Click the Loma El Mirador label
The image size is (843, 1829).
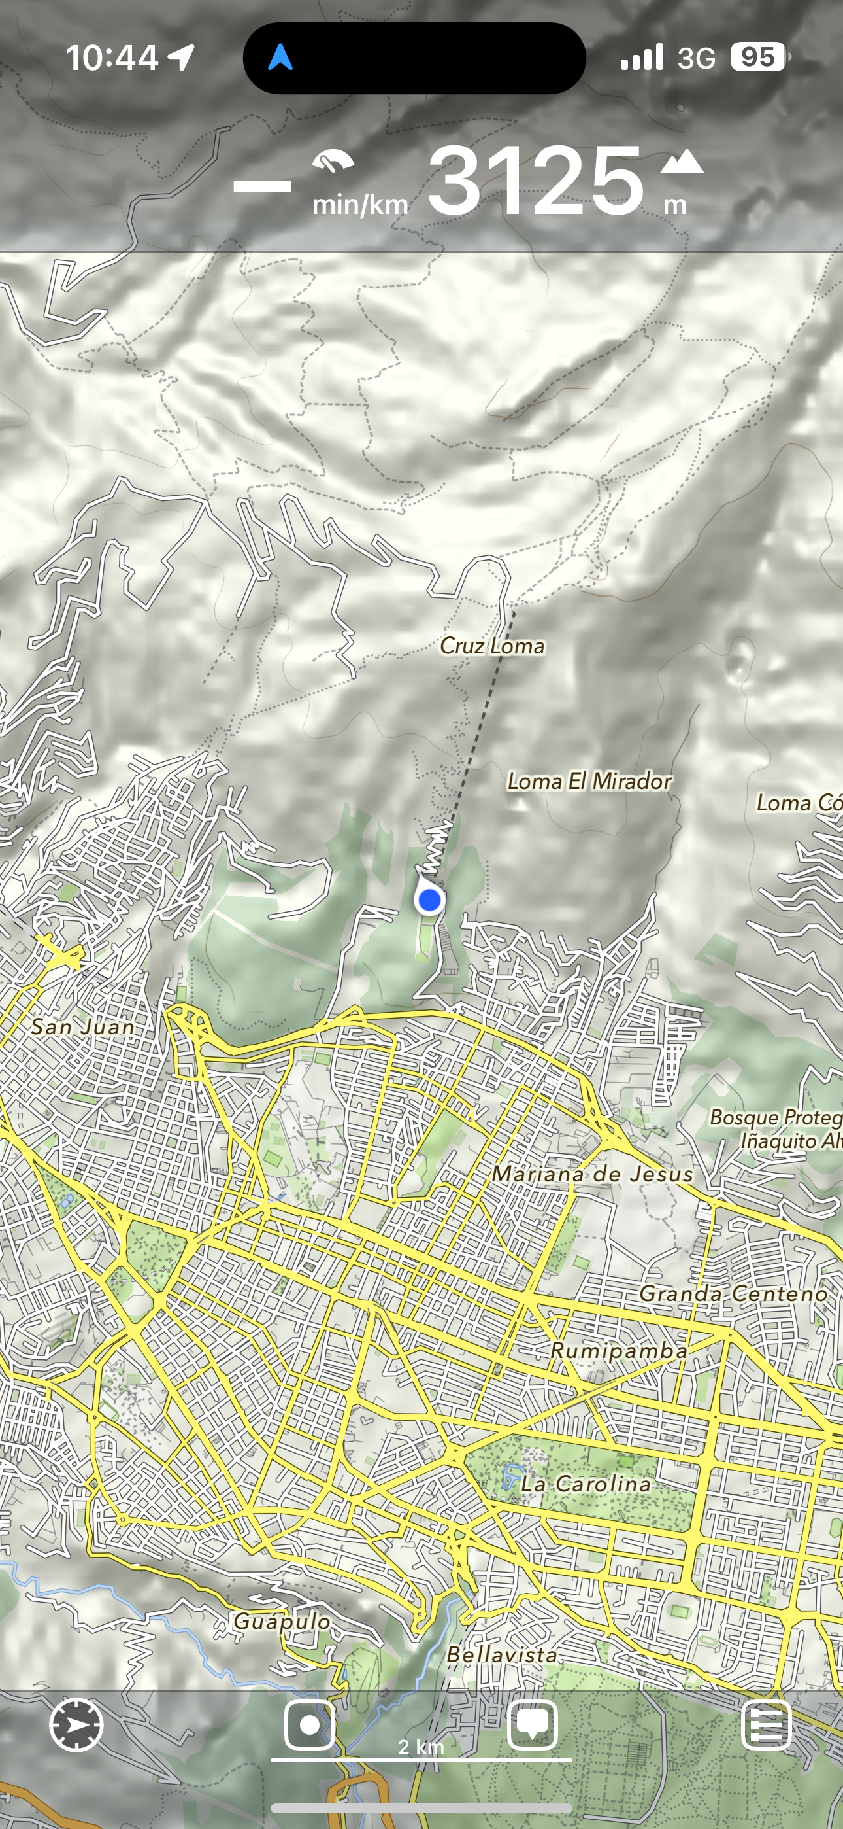[x=589, y=782]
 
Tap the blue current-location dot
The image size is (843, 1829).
[x=429, y=900]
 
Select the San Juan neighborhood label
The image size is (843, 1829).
[x=83, y=1026]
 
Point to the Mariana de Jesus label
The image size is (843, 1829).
[x=593, y=1174]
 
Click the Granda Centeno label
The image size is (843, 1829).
[x=734, y=1294]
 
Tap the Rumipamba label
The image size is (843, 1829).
[x=619, y=1350]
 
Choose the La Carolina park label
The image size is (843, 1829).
[x=586, y=1484]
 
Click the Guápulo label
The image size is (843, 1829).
[x=282, y=1621]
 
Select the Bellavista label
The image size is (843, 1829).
[x=502, y=1654]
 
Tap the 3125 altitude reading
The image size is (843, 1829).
[x=536, y=181]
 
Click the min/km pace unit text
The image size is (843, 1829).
[x=360, y=205]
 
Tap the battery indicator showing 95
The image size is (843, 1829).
[x=758, y=58]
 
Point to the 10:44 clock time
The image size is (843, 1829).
[x=112, y=58]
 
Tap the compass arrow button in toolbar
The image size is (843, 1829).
[x=76, y=1726]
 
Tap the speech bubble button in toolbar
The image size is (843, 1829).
[x=532, y=1726]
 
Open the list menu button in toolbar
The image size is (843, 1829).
[x=766, y=1726]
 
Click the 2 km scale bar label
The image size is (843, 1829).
[x=421, y=1747]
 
